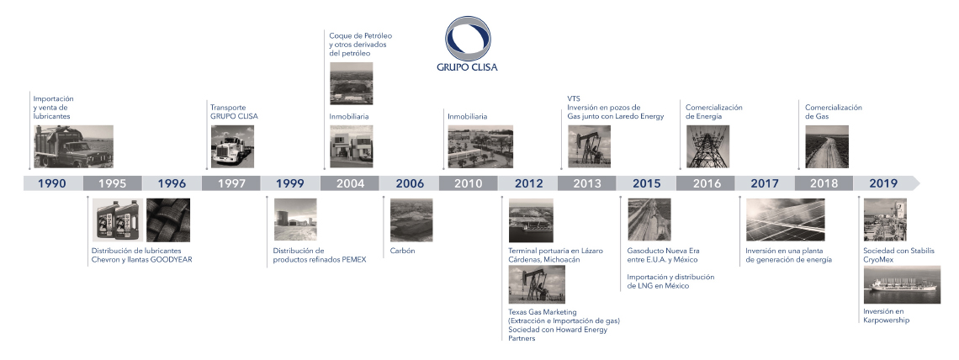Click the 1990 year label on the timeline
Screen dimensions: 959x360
tap(51, 183)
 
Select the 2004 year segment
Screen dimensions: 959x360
tap(350, 183)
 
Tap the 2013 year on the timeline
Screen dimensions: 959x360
tap(586, 183)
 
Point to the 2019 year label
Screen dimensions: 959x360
tap(883, 183)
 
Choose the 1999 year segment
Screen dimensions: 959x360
tap(290, 183)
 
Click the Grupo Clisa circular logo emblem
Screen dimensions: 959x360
tap(467, 38)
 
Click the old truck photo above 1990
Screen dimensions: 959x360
tap(73, 146)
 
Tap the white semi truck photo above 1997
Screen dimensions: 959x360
tap(232, 146)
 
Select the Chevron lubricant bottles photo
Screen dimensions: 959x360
tap(118, 220)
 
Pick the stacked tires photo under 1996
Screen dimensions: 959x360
tap(168, 220)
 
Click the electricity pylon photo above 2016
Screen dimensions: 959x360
tap(707, 146)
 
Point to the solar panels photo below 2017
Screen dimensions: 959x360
tap(786, 220)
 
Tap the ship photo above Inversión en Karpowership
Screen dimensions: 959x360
tap(902, 285)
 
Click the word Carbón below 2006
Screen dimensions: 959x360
tap(402, 251)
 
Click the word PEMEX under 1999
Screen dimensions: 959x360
tap(354, 260)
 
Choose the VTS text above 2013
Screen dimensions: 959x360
tap(574, 99)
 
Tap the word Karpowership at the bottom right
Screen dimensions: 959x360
tap(886, 320)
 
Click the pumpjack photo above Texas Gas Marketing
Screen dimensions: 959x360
tap(537, 285)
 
